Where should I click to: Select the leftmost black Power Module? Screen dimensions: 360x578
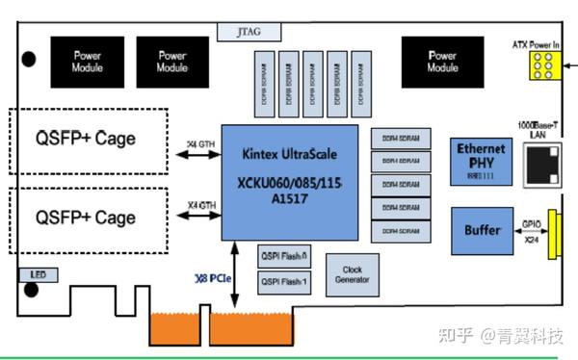click(x=88, y=62)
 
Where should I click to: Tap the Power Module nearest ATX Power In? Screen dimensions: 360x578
click(x=442, y=62)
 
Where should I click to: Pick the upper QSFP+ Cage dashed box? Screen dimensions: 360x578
click(x=88, y=140)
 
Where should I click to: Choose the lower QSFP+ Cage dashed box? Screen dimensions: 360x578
click(x=88, y=219)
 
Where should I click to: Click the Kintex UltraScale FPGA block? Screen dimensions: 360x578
click(x=290, y=182)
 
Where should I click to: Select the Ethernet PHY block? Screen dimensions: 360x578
click(x=481, y=160)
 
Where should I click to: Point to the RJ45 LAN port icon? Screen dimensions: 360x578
click(x=539, y=169)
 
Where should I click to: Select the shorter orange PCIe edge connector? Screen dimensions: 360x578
click(x=174, y=328)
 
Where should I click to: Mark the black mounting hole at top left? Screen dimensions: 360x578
click(x=30, y=59)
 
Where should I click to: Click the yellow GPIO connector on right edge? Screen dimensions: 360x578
click(x=555, y=234)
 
